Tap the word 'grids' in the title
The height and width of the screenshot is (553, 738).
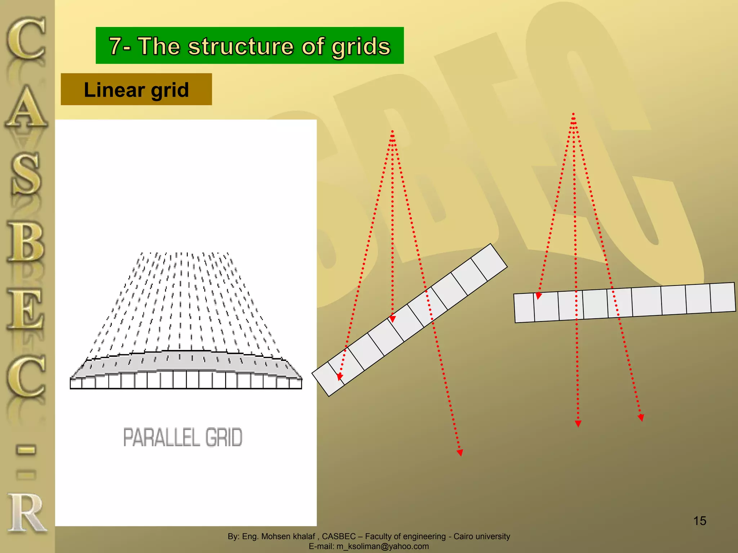pyautogui.click(x=361, y=47)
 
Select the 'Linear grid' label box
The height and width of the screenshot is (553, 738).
pyautogui.click(x=136, y=89)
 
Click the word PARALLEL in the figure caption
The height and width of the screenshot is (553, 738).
pyautogui.click(x=161, y=437)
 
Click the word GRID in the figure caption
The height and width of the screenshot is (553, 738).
pyautogui.click(x=224, y=437)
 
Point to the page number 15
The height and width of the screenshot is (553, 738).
pyautogui.click(x=699, y=521)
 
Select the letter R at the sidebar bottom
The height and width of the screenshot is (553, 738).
pyautogui.click(x=26, y=513)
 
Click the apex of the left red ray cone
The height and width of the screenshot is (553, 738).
pyautogui.click(x=392, y=132)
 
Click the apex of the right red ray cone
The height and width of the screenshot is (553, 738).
pyautogui.click(x=573, y=114)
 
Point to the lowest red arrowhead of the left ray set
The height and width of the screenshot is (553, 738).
pyautogui.click(x=460, y=453)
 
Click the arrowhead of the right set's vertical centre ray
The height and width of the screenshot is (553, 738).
pyautogui.click(x=578, y=424)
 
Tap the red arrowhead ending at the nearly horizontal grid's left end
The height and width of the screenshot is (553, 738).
pyautogui.click(x=538, y=296)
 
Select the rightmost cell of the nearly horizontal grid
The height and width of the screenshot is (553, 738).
pyautogui.click(x=723, y=298)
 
